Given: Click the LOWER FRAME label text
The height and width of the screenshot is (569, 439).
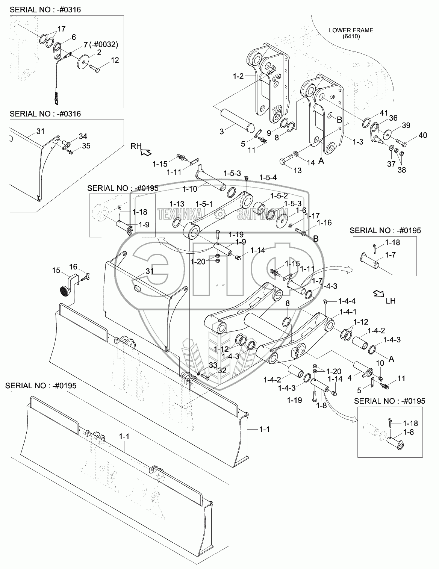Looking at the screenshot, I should [x=351, y=30].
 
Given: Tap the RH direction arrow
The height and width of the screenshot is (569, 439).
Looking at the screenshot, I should [x=145, y=152].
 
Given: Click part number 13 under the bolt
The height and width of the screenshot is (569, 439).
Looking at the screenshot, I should [x=297, y=170].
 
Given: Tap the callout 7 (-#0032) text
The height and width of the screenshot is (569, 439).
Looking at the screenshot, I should [x=101, y=45].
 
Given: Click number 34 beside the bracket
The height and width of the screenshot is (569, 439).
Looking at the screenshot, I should [x=83, y=136].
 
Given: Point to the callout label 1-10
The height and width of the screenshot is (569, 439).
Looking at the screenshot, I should [x=190, y=189].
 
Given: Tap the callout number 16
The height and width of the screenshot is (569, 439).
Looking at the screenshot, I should [x=73, y=266].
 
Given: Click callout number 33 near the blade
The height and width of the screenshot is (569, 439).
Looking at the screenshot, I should [x=213, y=365].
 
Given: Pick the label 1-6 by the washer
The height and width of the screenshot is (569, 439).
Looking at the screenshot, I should [x=301, y=210].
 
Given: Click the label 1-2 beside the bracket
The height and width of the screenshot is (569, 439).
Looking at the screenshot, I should [x=238, y=76].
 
